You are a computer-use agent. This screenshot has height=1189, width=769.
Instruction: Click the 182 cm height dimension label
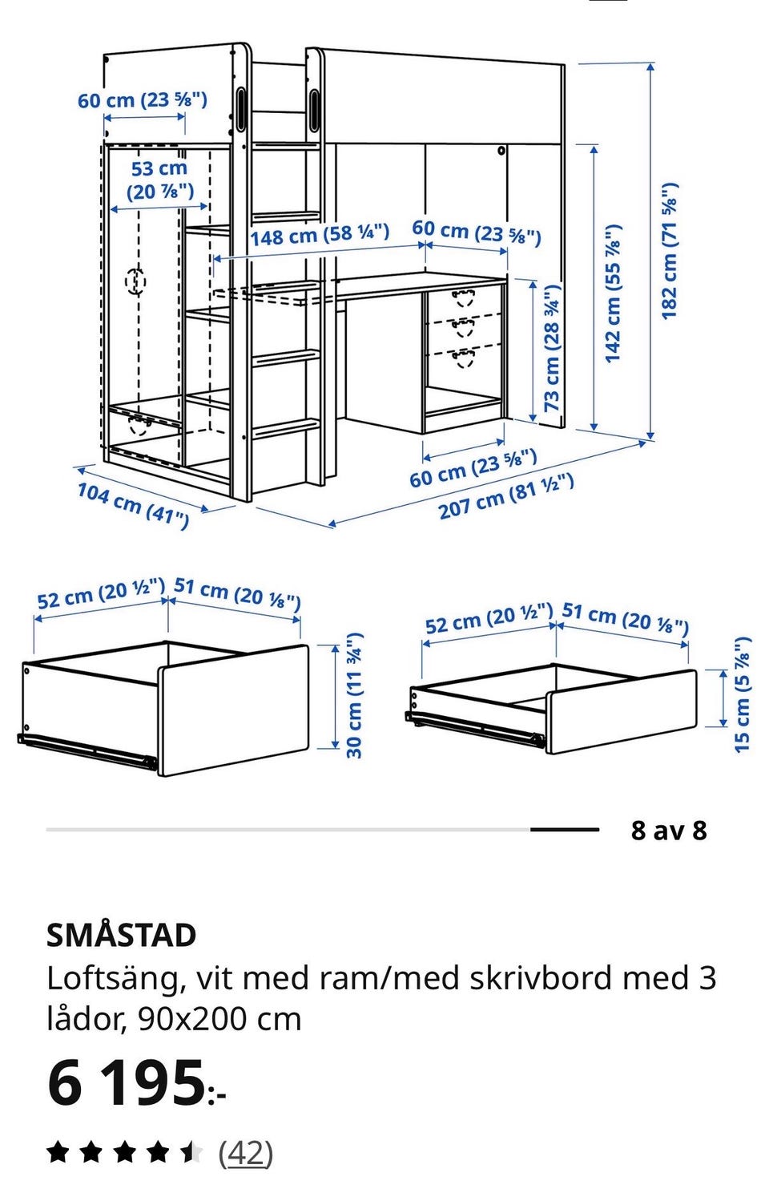(x=670, y=250)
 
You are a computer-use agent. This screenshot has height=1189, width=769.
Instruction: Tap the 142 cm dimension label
(x=613, y=293)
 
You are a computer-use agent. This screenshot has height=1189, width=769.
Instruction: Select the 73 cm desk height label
(x=552, y=348)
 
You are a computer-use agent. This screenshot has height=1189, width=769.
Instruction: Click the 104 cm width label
(x=133, y=505)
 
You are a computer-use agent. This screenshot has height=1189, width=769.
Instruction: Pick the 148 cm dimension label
(x=320, y=235)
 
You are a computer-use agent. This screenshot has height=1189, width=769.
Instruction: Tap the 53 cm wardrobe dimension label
(x=159, y=180)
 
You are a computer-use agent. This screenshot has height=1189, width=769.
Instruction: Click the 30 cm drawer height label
(x=354, y=695)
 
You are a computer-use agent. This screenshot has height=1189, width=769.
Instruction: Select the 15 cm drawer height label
(x=743, y=694)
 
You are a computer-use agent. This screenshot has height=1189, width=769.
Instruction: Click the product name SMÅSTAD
(x=122, y=935)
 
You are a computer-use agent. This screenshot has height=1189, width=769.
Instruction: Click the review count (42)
(x=246, y=1153)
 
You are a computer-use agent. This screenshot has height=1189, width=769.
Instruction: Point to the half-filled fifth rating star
(x=192, y=1153)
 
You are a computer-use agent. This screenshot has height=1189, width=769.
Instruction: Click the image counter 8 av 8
(x=669, y=830)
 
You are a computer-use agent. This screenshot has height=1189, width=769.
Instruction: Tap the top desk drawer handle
(x=464, y=297)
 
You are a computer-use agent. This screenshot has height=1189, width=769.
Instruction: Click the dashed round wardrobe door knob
(x=135, y=281)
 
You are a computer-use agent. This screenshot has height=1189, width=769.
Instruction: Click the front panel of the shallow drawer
(x=621, y=712)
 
